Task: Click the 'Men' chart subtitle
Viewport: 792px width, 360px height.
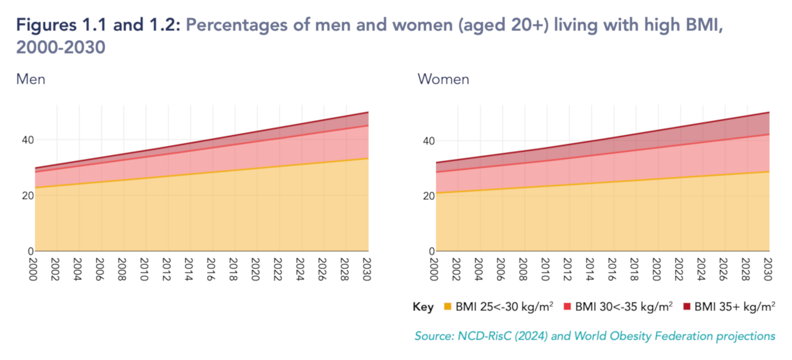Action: click(x=31, y=79)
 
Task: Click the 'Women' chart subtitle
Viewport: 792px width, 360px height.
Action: click(x=443, y=79)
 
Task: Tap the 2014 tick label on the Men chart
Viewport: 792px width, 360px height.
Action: click(x=189, y=269)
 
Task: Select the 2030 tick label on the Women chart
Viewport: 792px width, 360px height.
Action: click(x=768, y=269)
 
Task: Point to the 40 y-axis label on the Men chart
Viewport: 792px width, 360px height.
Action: click(x=28, y=140)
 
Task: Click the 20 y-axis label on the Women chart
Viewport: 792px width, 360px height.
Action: click(x=429, y=196)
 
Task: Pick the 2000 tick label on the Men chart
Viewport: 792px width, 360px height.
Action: click(x=33, y=269)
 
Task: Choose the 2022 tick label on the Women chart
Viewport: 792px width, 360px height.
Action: click(x=679, y=269)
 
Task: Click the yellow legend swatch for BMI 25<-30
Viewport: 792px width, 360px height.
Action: click(x=447, y=306)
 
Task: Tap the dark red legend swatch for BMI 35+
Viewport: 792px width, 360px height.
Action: click(x=686, y=306)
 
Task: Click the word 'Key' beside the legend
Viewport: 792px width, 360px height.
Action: click(x=423, y=307)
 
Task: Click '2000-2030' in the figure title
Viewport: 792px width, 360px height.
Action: click(x=61, y=47)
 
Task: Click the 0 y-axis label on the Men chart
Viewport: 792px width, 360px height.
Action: click(x=31, y=251)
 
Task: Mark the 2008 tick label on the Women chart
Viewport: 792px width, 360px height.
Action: click(x=523, y=269)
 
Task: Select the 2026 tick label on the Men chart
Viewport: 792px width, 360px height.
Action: click(x=322, y=269)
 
